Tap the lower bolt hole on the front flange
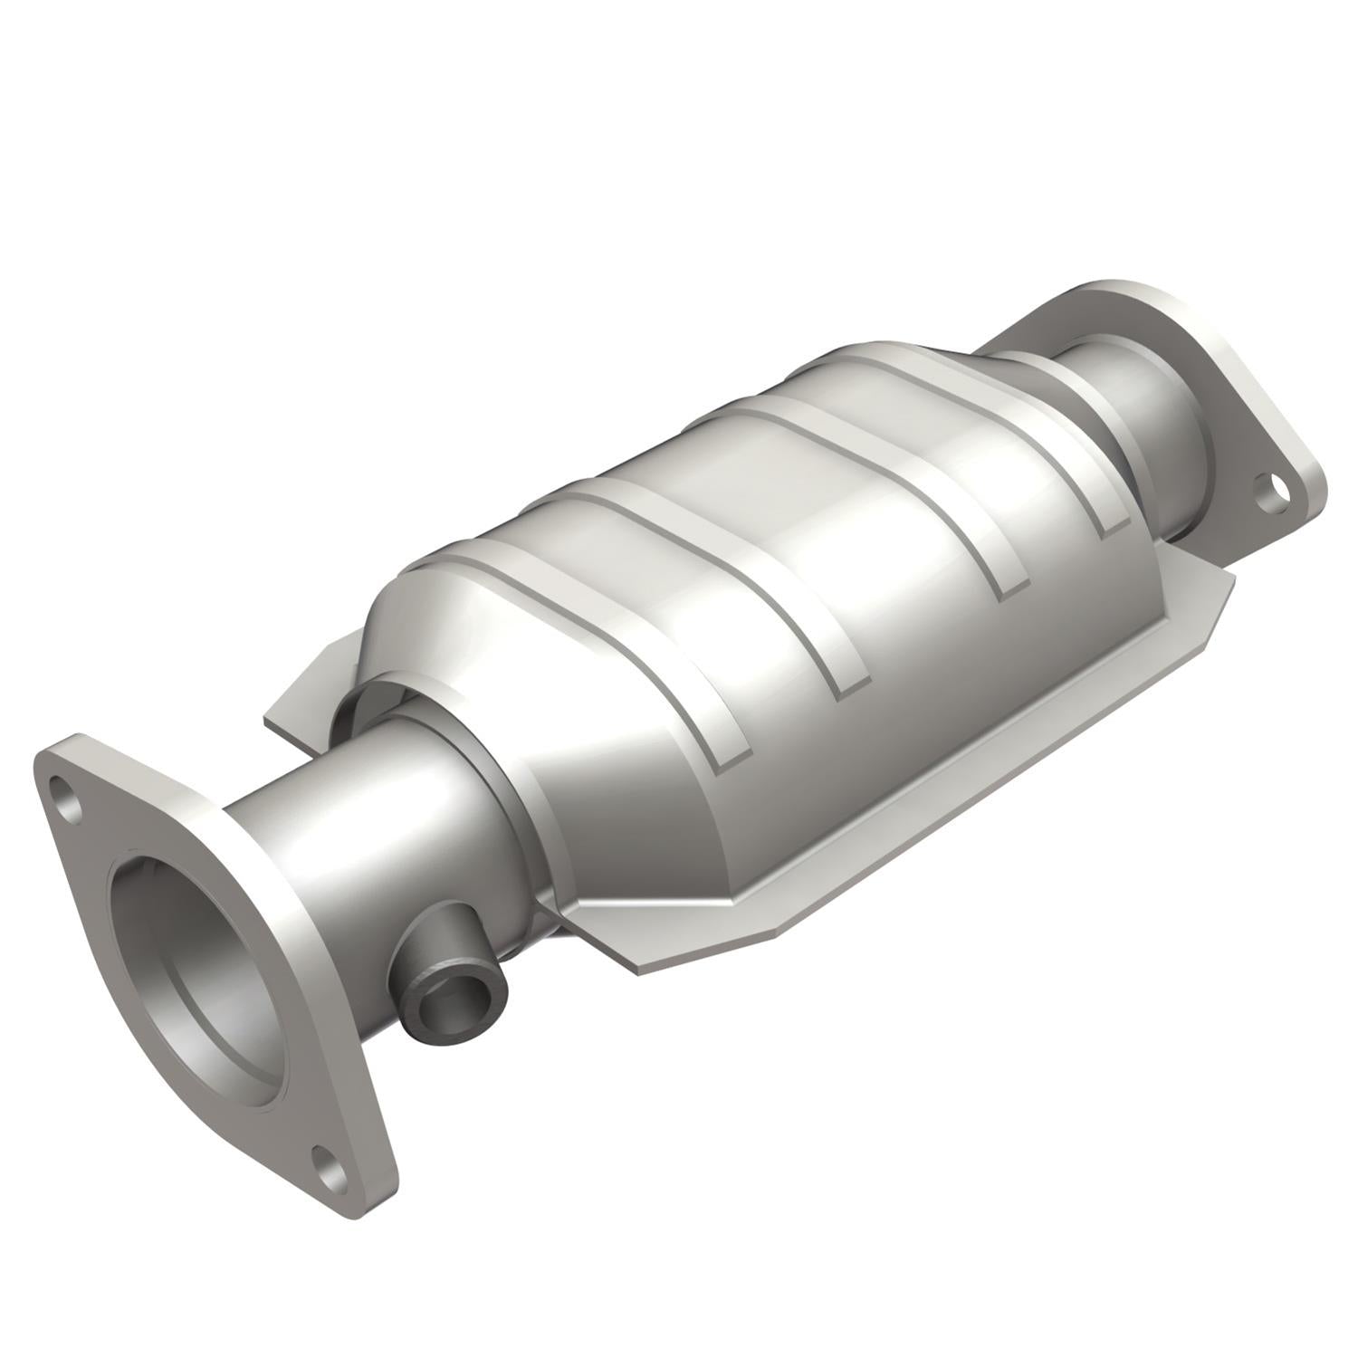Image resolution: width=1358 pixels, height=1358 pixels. (331, 1163)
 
